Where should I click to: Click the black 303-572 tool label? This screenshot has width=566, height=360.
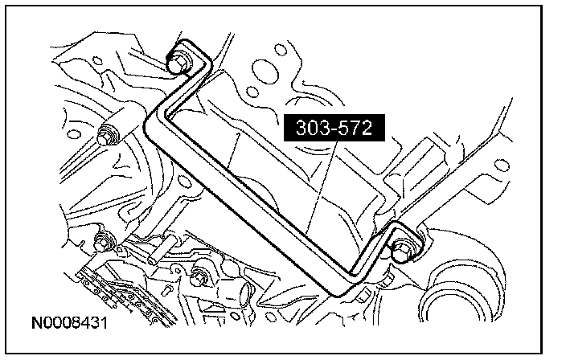pyautogui.click(x=334, y=128)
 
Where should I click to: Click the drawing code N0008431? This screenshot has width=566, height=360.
pyautogui.click(x=70, y=322)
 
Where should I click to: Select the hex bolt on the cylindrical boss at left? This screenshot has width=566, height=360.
pyautogui.click(x=106, y=136)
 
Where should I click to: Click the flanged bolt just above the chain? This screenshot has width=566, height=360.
pyautogui.click(x=104, y=241)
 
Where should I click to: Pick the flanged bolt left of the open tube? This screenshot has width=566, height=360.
pyautogui.click(x=199, y=276)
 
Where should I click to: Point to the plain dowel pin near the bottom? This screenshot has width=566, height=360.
pyautogui.click(x=162, y=249)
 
